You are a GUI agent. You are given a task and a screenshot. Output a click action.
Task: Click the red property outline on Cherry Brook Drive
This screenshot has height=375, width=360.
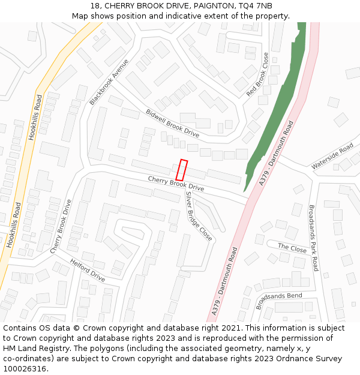(181, 170)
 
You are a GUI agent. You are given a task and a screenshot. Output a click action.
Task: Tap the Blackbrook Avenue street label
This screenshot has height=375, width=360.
(109, 82)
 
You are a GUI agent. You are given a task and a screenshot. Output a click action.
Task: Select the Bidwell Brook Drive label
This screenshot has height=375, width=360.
(172, 122)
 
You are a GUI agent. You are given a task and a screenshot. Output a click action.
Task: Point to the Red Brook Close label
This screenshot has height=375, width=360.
(257, 74)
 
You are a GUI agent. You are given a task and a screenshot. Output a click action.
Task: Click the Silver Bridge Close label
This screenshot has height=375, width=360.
(199, 216)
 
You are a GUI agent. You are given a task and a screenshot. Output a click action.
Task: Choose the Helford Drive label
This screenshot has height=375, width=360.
(88, 271)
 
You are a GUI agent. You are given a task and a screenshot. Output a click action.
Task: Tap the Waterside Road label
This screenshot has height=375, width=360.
(332, 157)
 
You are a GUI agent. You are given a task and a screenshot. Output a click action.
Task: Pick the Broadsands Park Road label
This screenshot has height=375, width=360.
(313, 238)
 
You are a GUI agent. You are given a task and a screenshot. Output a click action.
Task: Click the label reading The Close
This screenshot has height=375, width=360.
(292, 248)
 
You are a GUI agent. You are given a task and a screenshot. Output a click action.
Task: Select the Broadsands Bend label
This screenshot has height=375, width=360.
(279, 301)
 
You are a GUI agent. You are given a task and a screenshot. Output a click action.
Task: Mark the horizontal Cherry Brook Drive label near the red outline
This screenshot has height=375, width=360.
(176, 184)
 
